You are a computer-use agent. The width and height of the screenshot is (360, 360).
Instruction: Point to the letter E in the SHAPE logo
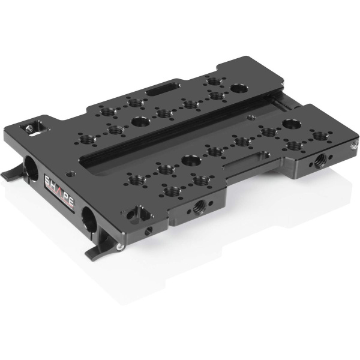click(x=70, y=206)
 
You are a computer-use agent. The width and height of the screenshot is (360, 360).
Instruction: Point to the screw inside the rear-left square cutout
click(x=27, y=128)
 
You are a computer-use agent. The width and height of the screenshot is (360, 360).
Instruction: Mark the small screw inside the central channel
click(x=277, y=105)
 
